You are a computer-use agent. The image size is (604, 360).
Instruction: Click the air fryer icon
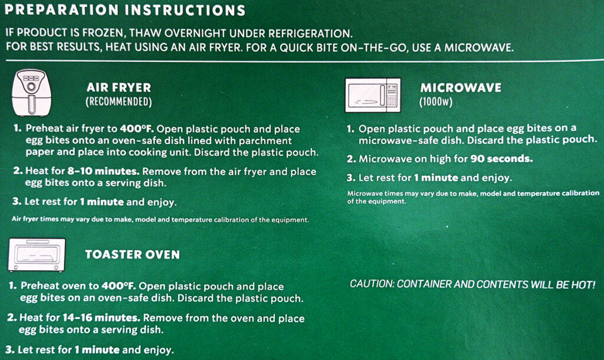pos(32,93)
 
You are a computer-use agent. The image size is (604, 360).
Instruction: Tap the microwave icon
pos(373,95)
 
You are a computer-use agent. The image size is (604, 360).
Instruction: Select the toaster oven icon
pos(37,255)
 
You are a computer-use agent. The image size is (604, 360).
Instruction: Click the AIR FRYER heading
pos(119,87)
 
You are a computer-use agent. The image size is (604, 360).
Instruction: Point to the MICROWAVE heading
pos(461,87)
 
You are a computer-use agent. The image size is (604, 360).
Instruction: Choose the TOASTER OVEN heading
pos(133,254)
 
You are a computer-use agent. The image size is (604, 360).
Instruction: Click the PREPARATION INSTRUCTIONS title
pos(125,10)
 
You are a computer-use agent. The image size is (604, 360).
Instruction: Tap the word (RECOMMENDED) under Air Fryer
pos(119,102)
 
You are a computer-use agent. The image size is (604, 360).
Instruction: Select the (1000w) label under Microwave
pos(436,102)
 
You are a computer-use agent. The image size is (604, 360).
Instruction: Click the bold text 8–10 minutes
pos(103,171)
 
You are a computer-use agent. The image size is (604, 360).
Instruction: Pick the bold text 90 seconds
pos(501,159)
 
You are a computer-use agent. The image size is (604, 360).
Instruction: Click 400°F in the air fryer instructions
pos(137,129)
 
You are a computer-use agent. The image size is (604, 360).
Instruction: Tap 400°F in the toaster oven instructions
pos(119,286)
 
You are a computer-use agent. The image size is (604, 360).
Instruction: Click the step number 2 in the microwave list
pos(350,159)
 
